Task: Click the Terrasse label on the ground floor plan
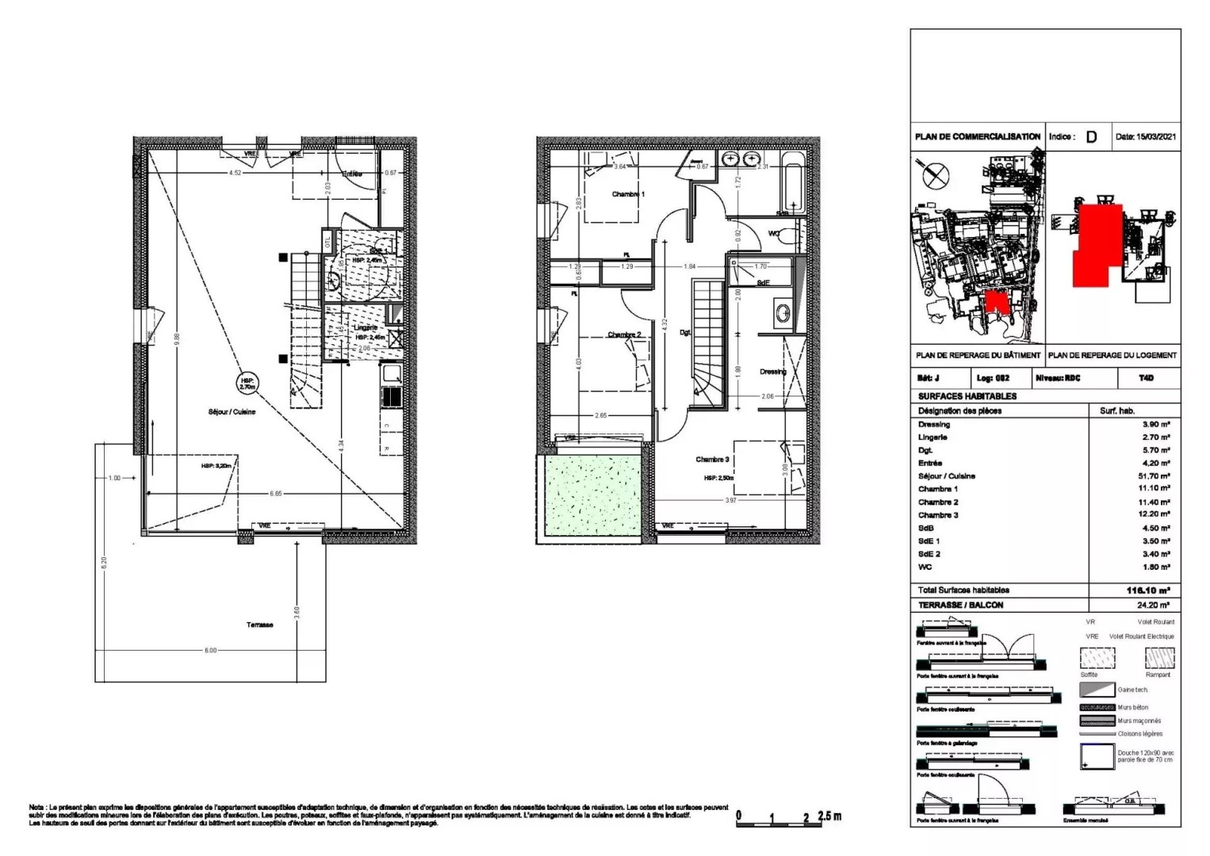tap(259, 625)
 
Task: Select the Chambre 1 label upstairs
tap(628, 194)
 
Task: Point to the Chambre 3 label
tap(712, 460)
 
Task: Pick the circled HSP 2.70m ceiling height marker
tap(247, 384)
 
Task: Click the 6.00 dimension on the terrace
tap(210, 651)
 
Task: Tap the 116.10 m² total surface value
tap(1148, 590)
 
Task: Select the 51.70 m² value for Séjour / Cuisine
tap(1154, 476)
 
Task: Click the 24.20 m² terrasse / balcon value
tap(1154, 606)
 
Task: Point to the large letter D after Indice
tap(1091, 136)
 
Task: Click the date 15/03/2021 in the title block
tap(1146, 136)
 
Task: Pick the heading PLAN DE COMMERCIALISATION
tap(977, 136)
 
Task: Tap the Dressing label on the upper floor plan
tap(772, 372)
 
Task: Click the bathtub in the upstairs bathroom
tap(793, 185)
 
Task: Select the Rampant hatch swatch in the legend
tap(1159, 658)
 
